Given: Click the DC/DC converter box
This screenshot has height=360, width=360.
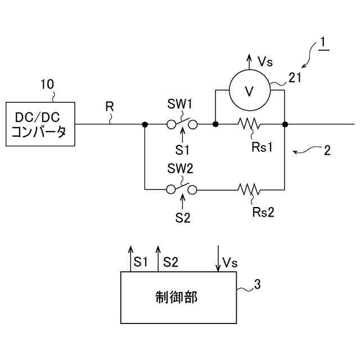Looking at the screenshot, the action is (x=40, y=124).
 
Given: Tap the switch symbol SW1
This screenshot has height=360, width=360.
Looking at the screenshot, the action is (x=182, y=124).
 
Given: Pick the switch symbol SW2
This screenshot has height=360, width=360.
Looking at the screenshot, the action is (x=182, y=189).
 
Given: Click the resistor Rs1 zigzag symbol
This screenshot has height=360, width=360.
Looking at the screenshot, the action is (x=249, y=124).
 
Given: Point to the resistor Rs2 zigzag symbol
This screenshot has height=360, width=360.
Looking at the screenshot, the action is (x=249, y=190).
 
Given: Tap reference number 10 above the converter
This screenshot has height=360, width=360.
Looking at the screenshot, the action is (x=47, y=84).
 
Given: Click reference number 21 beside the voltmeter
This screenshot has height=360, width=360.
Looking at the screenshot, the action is (x=295, y=78).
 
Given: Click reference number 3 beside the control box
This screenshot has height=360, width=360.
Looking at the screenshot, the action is (x=258, y=284).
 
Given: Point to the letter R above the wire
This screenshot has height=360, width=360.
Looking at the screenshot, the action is (x=110, y=106).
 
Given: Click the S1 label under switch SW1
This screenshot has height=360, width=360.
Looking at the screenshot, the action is (x=182, y=150).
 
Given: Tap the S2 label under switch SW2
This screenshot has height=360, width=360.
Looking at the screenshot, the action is (x=183, y=218).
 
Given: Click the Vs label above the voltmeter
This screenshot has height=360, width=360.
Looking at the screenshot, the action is (x=265, y=62).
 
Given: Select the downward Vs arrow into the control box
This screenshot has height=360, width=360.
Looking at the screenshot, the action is (x=218, y=259).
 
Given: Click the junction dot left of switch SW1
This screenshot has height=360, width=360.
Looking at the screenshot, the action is (x=145, y=124).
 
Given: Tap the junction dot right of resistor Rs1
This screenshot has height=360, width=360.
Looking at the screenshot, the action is (x=285, y=124).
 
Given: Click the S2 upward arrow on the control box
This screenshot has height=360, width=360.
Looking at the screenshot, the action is (x=158, y=259).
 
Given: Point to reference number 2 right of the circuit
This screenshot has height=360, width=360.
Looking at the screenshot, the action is (x=327, y=150).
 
